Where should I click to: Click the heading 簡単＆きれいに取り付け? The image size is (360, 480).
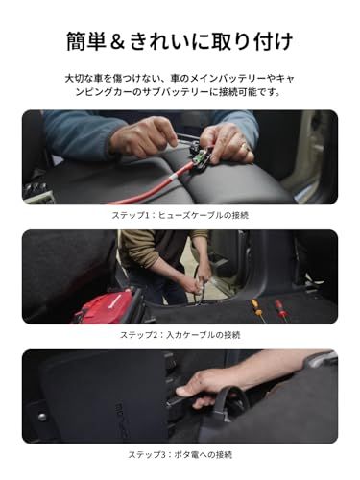point(180,41)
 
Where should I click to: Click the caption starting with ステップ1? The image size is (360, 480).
point(180,215)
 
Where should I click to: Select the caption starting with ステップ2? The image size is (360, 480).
point(180,335)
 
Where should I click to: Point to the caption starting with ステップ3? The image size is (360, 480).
point(180,454)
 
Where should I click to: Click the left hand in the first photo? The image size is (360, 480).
point(144,138)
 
